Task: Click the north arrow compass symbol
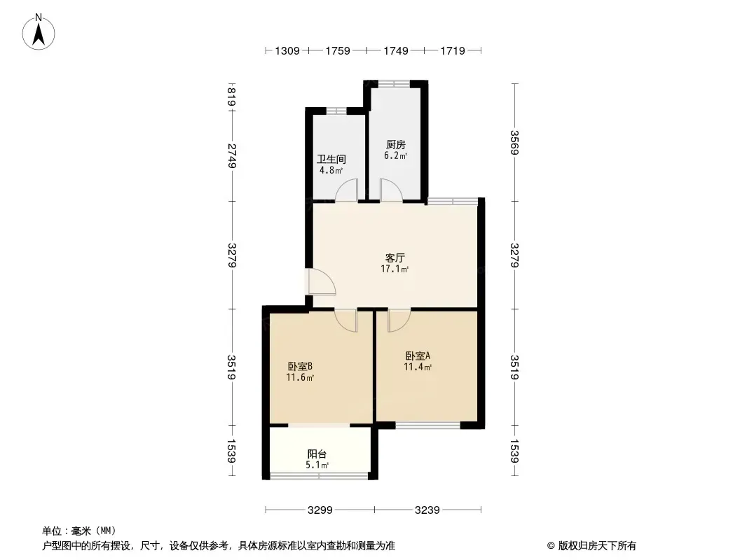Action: click(x=39, y=32)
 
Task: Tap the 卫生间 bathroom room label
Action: click(x=331, y=159)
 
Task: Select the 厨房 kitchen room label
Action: click(x=395, y=145)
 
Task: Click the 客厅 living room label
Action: click(x=395, y=258)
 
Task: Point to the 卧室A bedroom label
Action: click(x=418, y=356)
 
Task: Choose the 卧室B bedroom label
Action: click(x=300, y=366)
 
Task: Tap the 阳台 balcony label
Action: click(x=317, y=454)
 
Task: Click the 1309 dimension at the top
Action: click(x=287, y=50)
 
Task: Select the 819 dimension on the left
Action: click(x=232, y=97)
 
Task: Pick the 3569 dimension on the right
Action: click(x=514, y=142)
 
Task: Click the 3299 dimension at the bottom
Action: click(x=320, y=510)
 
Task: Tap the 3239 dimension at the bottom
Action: click(x=427, y=510)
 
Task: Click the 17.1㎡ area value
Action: click(x=395, y=269)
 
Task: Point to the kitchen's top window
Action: click(x=394, y=84)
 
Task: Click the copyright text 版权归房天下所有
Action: click(x=597, y=546)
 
